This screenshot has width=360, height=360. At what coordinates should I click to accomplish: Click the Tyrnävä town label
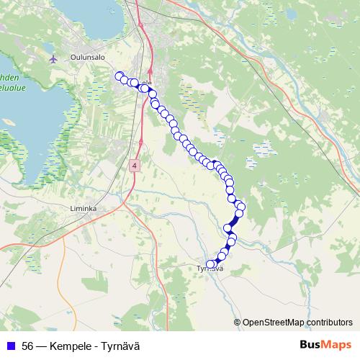(x=210, y=269)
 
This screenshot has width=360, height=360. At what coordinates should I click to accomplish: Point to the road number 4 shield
(x=135, y=166)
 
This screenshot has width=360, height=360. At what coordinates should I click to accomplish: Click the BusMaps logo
(x=325, y=346)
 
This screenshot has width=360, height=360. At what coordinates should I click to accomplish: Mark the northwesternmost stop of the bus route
(x=119, y=76)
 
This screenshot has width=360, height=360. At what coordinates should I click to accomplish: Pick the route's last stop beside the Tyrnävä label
(x=211, y=264)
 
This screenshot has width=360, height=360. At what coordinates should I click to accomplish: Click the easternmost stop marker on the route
(x=241, y=207)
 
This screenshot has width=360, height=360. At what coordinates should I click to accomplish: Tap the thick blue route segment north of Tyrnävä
(x=233, y=224)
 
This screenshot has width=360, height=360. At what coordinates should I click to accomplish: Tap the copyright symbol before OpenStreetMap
(x=238, y=322)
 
